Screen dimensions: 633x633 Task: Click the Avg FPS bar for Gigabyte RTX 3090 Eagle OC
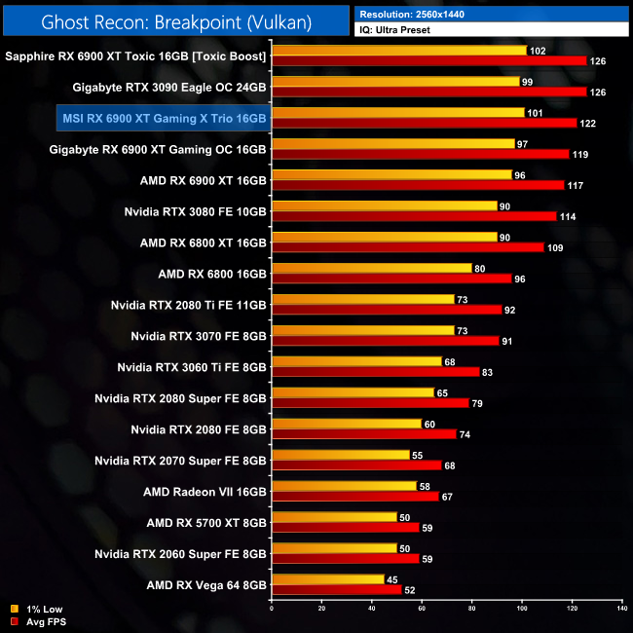click(x=428, y=93)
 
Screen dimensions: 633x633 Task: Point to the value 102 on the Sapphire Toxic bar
click(x=538, y=51)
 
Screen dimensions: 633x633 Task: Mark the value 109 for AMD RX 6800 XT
click(x=554, y=247)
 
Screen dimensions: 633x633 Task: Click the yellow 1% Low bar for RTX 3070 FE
click(x=362, y=330)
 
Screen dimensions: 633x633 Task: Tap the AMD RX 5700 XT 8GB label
click(x=206, y=522)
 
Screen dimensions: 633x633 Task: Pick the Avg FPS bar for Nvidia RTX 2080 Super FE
click(x=370, y=403)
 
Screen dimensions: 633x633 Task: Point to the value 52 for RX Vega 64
click(x=410, y=590)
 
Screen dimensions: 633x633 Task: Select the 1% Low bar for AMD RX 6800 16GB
click(x=371, y=268)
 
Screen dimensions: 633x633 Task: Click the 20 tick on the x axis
click(x=321, y=610)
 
